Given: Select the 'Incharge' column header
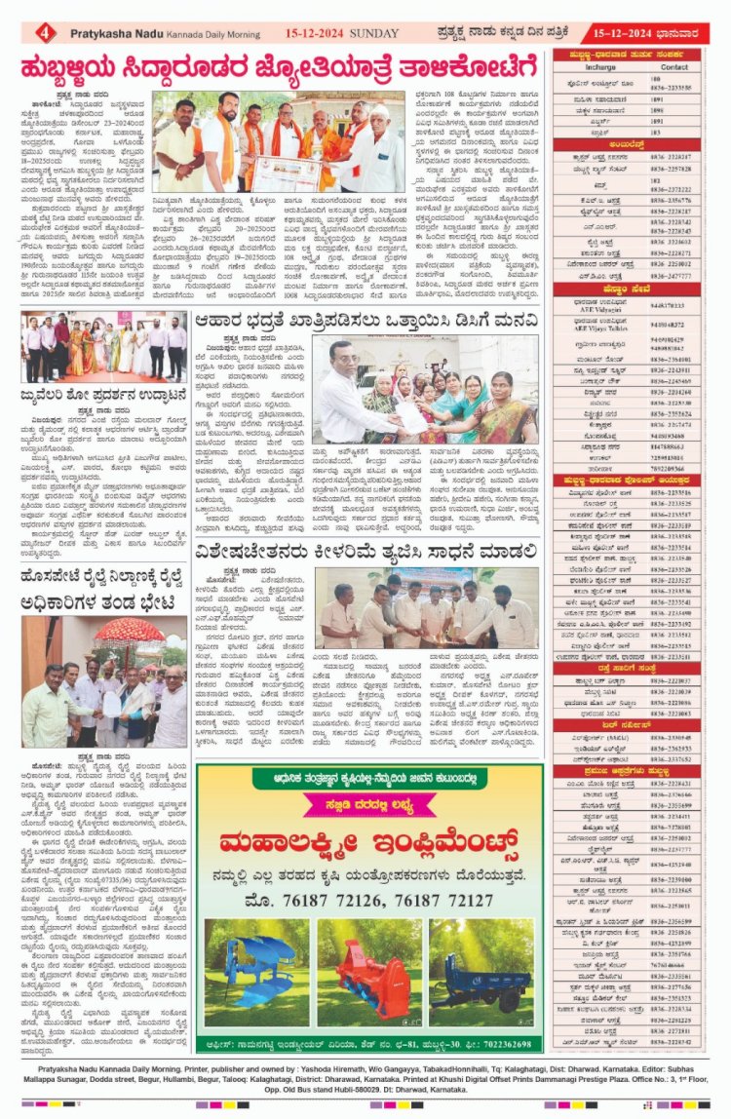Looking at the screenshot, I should [600, 68].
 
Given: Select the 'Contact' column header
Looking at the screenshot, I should [673, 68].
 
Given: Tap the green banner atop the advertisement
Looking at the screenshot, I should [369, 779].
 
